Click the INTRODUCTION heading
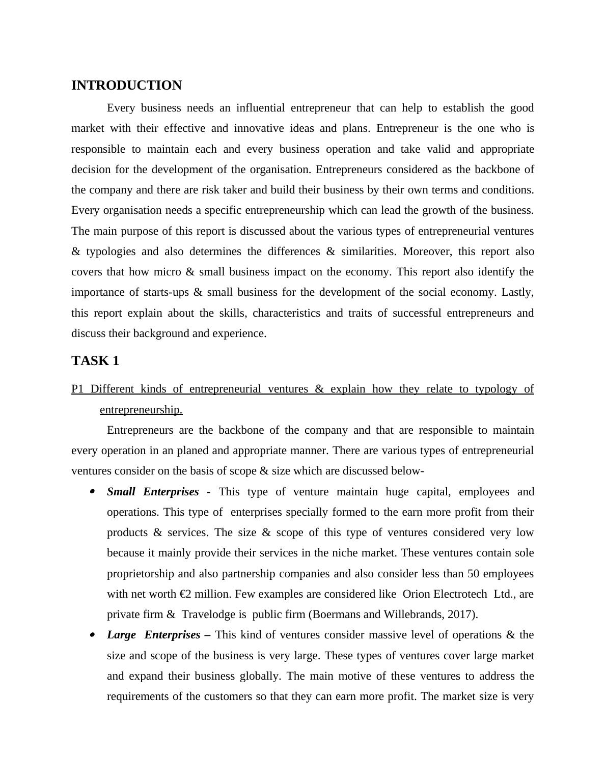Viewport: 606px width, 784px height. pos(126,86)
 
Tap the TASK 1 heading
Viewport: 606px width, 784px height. pos(95,361)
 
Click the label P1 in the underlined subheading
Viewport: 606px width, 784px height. pos(77,389)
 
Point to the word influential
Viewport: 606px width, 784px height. pos(259,108)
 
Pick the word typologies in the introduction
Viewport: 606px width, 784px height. pos(111,251)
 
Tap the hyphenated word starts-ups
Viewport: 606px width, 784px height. pos(163,292)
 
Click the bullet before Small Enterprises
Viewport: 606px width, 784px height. pos(92,492)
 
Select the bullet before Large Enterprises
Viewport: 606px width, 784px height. pos(92,635)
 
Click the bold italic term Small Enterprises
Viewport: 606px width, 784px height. pos(153,492)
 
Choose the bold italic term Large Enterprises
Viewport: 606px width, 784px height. pos(153,635)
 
